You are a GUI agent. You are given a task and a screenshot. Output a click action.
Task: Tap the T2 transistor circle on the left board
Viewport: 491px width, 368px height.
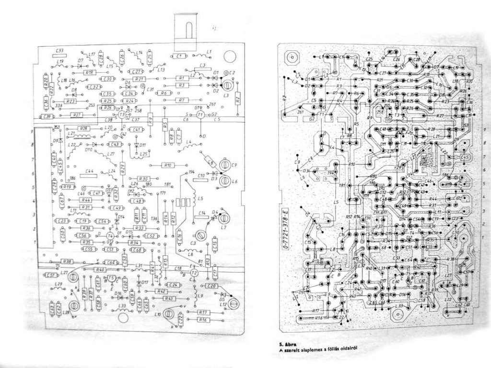[x=194, y=272]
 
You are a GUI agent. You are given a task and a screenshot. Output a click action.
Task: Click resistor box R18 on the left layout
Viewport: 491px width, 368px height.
[x=89, y=71]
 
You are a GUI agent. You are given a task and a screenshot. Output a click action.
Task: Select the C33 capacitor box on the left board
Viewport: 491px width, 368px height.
[x=60, y=50]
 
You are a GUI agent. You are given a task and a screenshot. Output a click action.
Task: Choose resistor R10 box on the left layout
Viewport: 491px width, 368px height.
[x=168, y=165]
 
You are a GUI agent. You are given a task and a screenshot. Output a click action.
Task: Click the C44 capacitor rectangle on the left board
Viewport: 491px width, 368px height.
[x=89, y=172]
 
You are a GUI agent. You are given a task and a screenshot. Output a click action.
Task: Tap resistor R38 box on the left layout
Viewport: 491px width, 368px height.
[x=67, y=262]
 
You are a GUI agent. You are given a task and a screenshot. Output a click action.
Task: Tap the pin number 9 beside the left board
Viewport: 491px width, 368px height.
[x=32, y=131]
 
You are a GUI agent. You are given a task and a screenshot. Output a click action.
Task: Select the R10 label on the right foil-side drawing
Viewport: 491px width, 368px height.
[x=351, y=164]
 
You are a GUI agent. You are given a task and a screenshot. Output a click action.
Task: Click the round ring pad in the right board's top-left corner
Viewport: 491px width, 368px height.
[x=292, y=57]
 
